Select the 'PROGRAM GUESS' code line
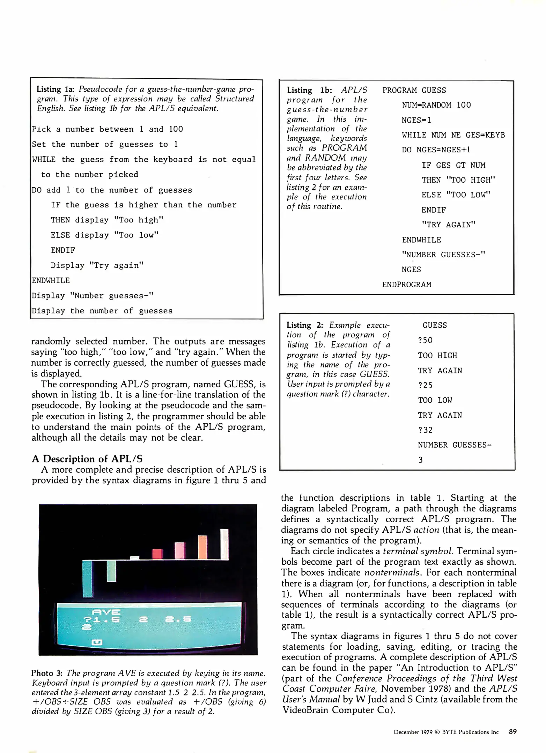414,90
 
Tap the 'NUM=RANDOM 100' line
436,105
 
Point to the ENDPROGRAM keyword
406,284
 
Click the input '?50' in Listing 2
425,340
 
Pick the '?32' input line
425,430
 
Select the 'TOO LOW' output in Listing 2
435,400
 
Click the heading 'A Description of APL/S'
87,459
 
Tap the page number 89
512,732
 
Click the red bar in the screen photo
158,554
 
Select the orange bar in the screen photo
202,547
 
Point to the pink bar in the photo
179,550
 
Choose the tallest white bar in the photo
224,544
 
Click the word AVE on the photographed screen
106,612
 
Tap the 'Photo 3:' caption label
47,673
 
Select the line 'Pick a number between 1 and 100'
108,129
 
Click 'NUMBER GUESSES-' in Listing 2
455,445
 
